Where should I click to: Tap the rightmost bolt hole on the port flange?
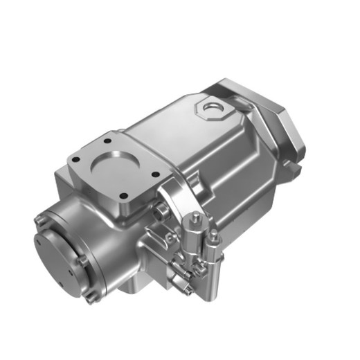(155, 174)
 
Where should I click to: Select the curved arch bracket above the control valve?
(170, 190)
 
